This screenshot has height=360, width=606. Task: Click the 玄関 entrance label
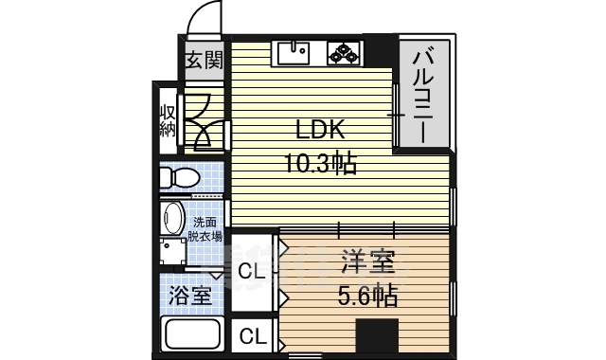click(204, 62)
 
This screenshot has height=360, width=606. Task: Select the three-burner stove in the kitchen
click(343, 52)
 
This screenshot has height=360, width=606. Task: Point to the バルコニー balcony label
click(423, 93)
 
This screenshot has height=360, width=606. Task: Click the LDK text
click(322, 130)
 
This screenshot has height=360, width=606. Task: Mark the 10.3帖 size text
click(322, 164)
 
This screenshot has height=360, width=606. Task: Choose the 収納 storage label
click(167, 119)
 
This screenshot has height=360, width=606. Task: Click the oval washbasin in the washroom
click(173, 218)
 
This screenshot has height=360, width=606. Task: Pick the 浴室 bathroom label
click(190, 295)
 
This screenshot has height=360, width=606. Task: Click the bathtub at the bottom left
click(192, 336)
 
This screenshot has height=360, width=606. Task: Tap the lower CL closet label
click(252, 334)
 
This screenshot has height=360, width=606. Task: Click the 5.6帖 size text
click(367, 296)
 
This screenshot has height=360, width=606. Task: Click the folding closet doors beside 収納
click(203, 121)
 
